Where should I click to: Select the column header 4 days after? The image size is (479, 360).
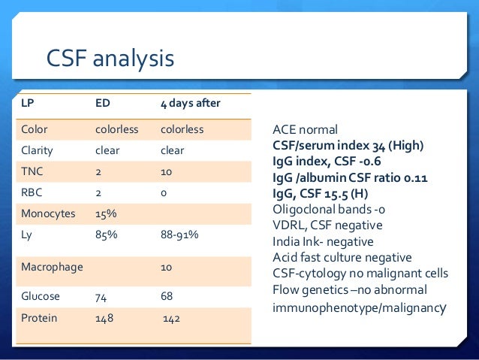(x=190, y=103)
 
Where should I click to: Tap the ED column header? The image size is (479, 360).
(x=104, y=103)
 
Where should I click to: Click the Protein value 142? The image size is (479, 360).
(x=173, y=318)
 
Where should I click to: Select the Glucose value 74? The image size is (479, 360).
(x=101, y=296)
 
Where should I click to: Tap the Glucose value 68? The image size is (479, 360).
(x=167, y=296)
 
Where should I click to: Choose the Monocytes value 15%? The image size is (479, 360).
(x=105, y=213)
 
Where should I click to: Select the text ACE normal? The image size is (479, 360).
(x=305, y=129)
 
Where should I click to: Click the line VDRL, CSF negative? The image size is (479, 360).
(x=327, y=225)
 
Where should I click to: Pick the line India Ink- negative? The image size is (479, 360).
(x=323, y=242)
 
